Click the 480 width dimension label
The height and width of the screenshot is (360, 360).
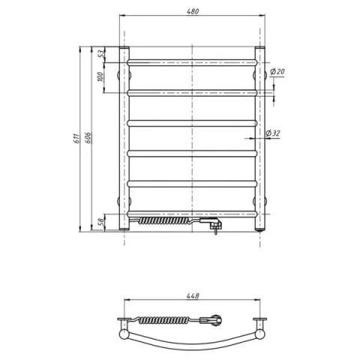click(x=193, y=11)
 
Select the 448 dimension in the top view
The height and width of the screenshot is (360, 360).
click(x=193, y=295)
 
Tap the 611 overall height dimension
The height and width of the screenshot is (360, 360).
click(x=76, y=139)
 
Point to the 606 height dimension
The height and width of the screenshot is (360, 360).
click(x=88, y=138)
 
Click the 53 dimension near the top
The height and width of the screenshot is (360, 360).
click(x=100, y=54)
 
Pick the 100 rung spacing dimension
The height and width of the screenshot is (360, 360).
click(x=100, y=76)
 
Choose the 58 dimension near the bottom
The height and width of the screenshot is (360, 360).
click(x=101, y=222)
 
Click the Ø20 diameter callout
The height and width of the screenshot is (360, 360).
click(x=277, y=72)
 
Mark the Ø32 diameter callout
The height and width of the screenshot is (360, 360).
click(x=273, y=133)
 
